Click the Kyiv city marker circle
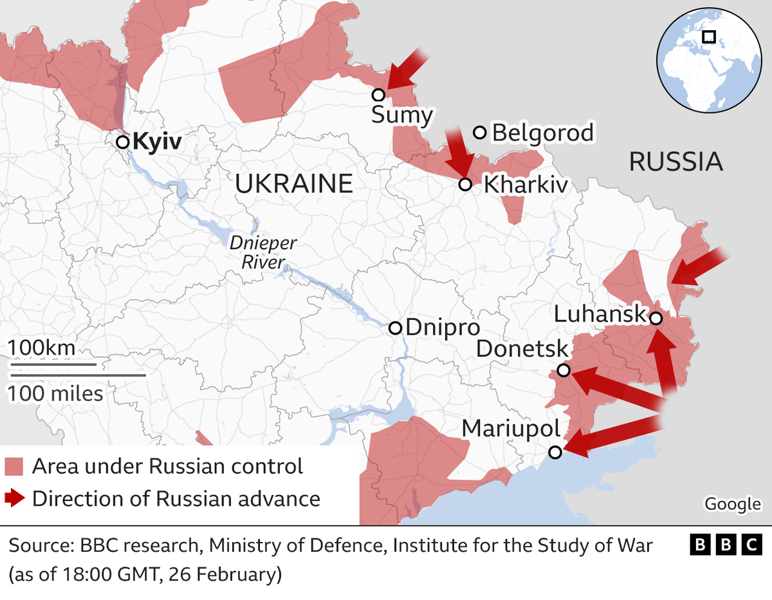(x=122, y=142)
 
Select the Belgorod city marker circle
(x=479, y=133)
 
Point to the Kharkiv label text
(x=526, y=185)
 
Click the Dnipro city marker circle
(x=396, y=328)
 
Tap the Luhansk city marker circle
(x=655, y=318)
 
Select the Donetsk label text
(x=522, y=350)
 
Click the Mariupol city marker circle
(x=555, y=453)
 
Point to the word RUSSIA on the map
(x=675, y=162)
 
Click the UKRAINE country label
(x=294, y=184)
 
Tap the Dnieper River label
(x=264, y=253)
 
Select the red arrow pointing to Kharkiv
(x=459, y=152)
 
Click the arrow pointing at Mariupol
(x=611, y=436)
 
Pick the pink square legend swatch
(x=14, y=466)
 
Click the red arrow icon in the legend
(x=14, y=498)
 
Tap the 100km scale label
(x=41, y=348)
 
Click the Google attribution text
(x=733, y=504)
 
